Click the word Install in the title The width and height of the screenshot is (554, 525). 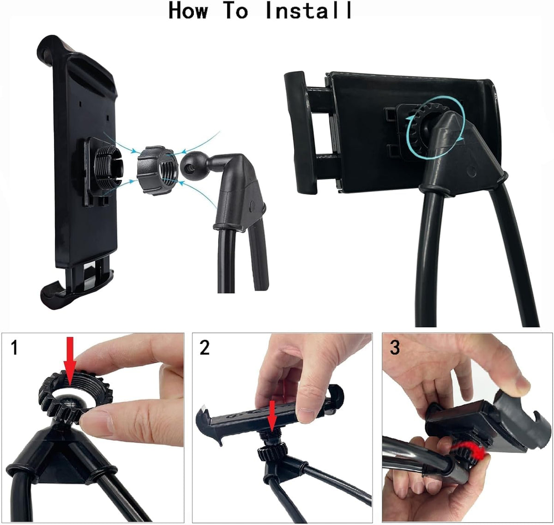(309, 11)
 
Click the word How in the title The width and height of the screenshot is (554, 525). (188, 11)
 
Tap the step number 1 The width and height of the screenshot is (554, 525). (15, 347)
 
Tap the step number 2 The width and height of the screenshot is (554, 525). (205, 347)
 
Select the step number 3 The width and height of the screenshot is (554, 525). (395, 347)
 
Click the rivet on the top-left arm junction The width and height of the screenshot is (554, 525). (253, 205)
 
